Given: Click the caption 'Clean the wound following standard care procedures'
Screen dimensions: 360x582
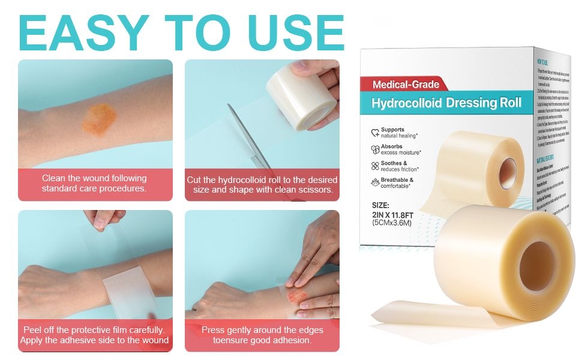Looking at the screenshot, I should point(94,183).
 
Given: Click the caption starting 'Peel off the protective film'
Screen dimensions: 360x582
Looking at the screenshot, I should point(94,335).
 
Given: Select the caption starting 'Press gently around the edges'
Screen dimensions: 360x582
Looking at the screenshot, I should point(262,335).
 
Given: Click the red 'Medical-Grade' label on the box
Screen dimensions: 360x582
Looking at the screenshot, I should point(406,85).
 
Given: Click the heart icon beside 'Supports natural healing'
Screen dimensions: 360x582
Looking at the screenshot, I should point(375,133).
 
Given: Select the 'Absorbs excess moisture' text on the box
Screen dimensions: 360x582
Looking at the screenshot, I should point(401,149).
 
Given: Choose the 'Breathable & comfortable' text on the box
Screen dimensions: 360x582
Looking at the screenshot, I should point(401,183).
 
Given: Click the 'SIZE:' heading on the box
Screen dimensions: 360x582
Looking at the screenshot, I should point(380,205).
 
